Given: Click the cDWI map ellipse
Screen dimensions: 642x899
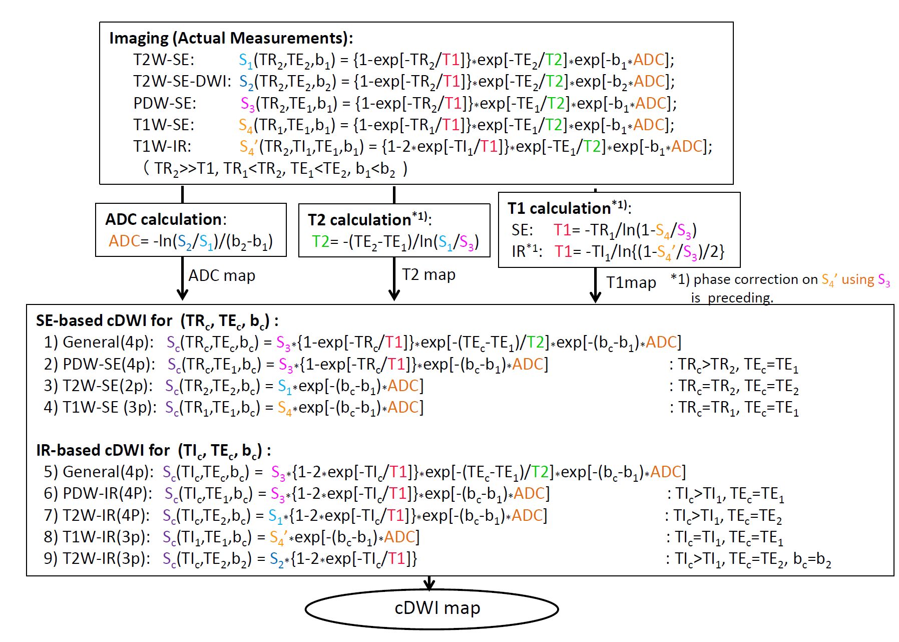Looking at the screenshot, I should (431, 608).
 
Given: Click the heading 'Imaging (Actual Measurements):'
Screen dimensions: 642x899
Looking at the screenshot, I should (231, 38).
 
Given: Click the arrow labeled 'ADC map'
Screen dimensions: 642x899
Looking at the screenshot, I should (183, 278).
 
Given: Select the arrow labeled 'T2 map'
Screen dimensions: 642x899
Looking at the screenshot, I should (394, 278).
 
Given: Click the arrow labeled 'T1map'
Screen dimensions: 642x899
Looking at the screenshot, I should (595, 284).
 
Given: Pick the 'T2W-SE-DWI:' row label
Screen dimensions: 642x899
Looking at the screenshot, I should (182, 81).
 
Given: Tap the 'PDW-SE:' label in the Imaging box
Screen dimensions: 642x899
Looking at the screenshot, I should (165, 103).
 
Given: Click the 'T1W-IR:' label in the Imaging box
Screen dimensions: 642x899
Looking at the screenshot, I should (162, 146).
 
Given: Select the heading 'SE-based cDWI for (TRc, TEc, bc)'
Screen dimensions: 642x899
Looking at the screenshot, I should (157, 320).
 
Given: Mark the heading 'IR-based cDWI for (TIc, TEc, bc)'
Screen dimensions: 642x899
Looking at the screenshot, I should (153, 450).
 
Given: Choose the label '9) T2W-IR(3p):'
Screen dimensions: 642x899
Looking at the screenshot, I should (97, 558).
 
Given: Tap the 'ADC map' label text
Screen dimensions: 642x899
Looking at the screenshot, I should (222, 275).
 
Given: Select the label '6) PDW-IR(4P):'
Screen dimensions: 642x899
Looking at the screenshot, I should (98, 494).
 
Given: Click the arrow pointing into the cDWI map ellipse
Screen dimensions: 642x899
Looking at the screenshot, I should (429, 583).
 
